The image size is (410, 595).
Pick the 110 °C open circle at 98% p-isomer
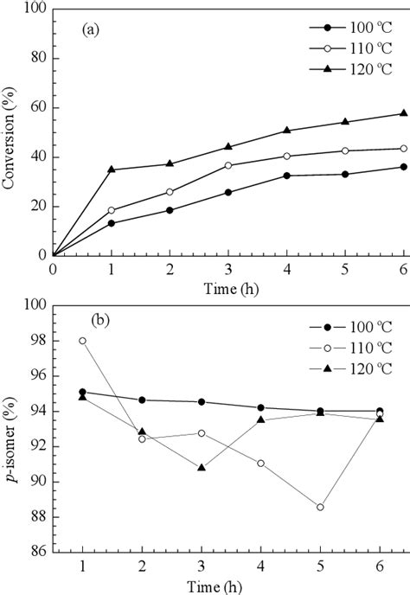[x=82, y=341]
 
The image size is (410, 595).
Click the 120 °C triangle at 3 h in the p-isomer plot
[x=201, y=467]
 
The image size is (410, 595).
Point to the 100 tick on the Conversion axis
[x=35, y=10]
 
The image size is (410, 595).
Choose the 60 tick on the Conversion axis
[x=38, y=108]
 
